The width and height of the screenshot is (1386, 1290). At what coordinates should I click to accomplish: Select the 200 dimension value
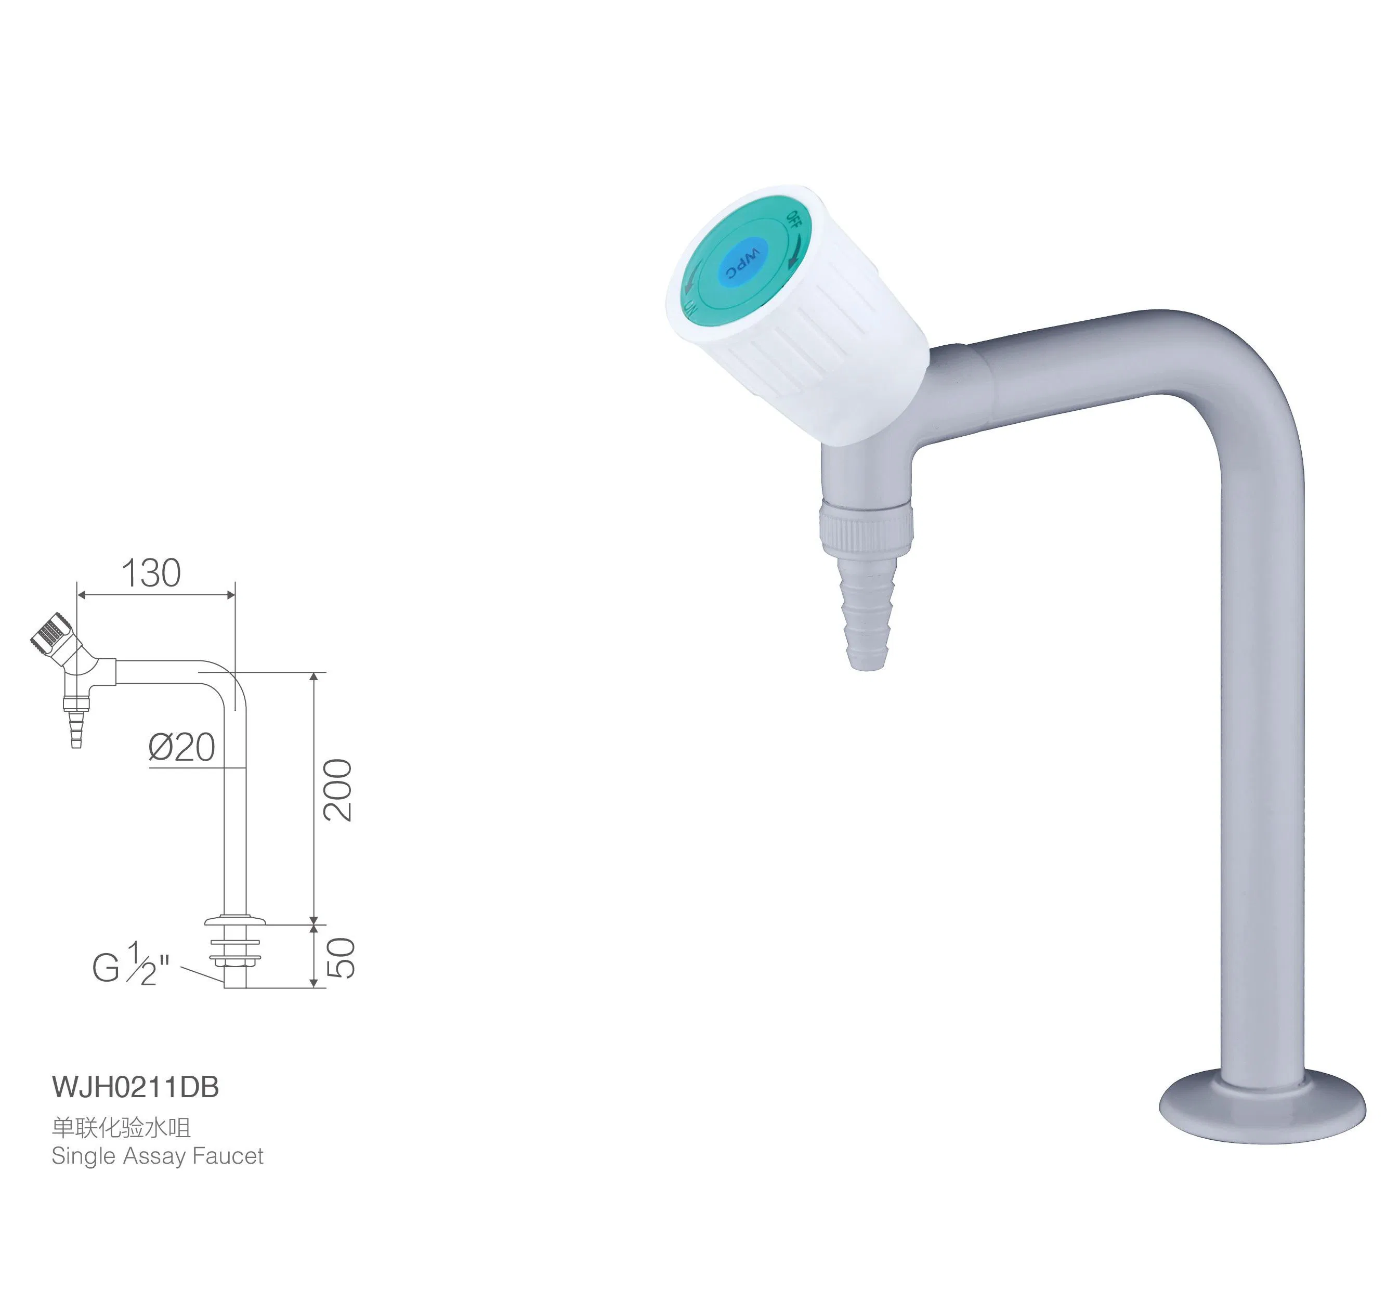[338, 790]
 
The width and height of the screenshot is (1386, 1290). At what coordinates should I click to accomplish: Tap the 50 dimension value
[340, 958]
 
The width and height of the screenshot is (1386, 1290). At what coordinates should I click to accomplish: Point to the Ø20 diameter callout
[182, 748]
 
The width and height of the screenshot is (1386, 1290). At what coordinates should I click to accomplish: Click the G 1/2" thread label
[131, 965]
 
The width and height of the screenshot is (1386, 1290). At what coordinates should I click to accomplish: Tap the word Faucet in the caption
[228, 1156]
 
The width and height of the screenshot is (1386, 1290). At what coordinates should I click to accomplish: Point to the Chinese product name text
[121, 1127]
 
